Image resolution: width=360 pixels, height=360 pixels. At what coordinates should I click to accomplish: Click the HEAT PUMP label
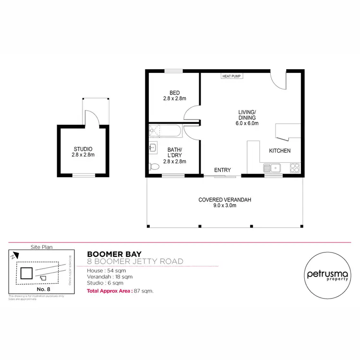tap(231, 76)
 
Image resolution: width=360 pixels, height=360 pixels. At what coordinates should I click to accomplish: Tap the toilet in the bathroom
tap(154, 167)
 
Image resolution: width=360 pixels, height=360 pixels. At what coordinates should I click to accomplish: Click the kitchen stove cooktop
tap(295, 168)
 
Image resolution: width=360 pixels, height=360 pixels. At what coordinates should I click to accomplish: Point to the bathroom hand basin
tap(152, 147)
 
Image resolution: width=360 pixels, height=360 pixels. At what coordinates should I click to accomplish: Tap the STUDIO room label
tap(83, 149)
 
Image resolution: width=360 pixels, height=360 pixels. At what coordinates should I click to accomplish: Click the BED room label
tap(174, 93)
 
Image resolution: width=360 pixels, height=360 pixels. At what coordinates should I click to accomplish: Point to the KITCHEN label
tap(279, 151)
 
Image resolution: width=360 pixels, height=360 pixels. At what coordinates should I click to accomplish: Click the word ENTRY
tap(223, 170)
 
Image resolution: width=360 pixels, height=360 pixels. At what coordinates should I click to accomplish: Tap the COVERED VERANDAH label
tap(225, 200)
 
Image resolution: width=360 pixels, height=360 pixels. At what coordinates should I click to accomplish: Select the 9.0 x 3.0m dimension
tap(225, 206)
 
